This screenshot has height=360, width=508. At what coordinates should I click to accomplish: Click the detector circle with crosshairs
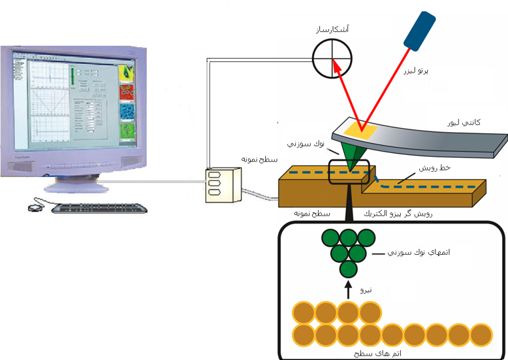(x=332, y=57)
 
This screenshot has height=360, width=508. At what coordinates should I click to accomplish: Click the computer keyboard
(x=99, y=208)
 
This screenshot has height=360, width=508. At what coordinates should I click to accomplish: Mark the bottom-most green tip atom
(x=349, y=268)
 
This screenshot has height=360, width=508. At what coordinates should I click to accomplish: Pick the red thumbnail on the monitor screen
(x=127, y=91)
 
